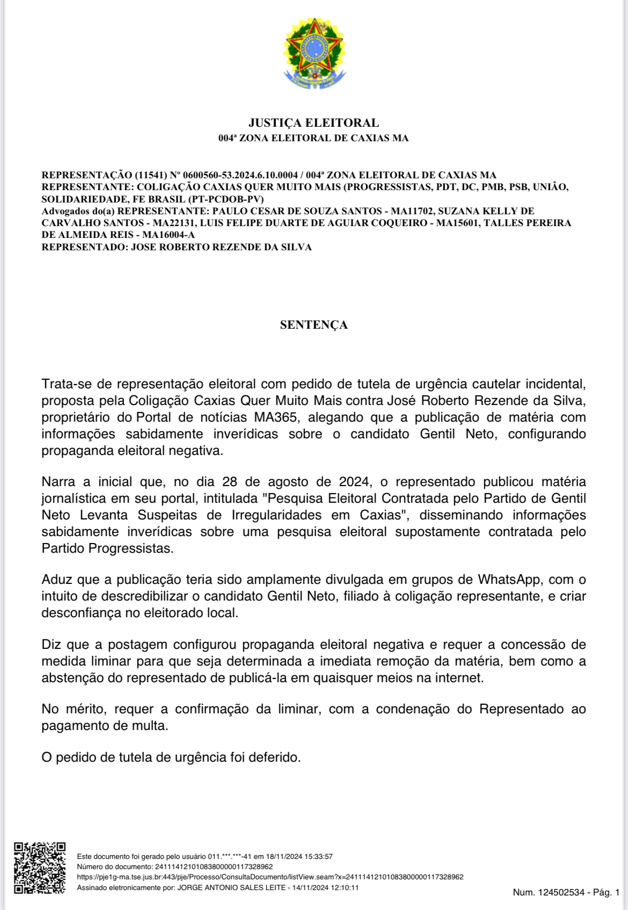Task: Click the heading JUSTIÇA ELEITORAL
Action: tap(314, 123)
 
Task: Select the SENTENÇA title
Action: tap(314, 325)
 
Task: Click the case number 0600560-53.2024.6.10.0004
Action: tap(240, 175)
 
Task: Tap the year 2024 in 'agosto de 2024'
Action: tap(355, 482)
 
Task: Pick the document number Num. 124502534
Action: tap(549, 892)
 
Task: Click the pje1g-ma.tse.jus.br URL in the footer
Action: tap(270, 877)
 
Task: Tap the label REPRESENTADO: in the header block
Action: tap(84, 247)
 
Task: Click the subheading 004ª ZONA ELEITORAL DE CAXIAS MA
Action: tap(314, 138)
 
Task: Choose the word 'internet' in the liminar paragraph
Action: tap(459, 678)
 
